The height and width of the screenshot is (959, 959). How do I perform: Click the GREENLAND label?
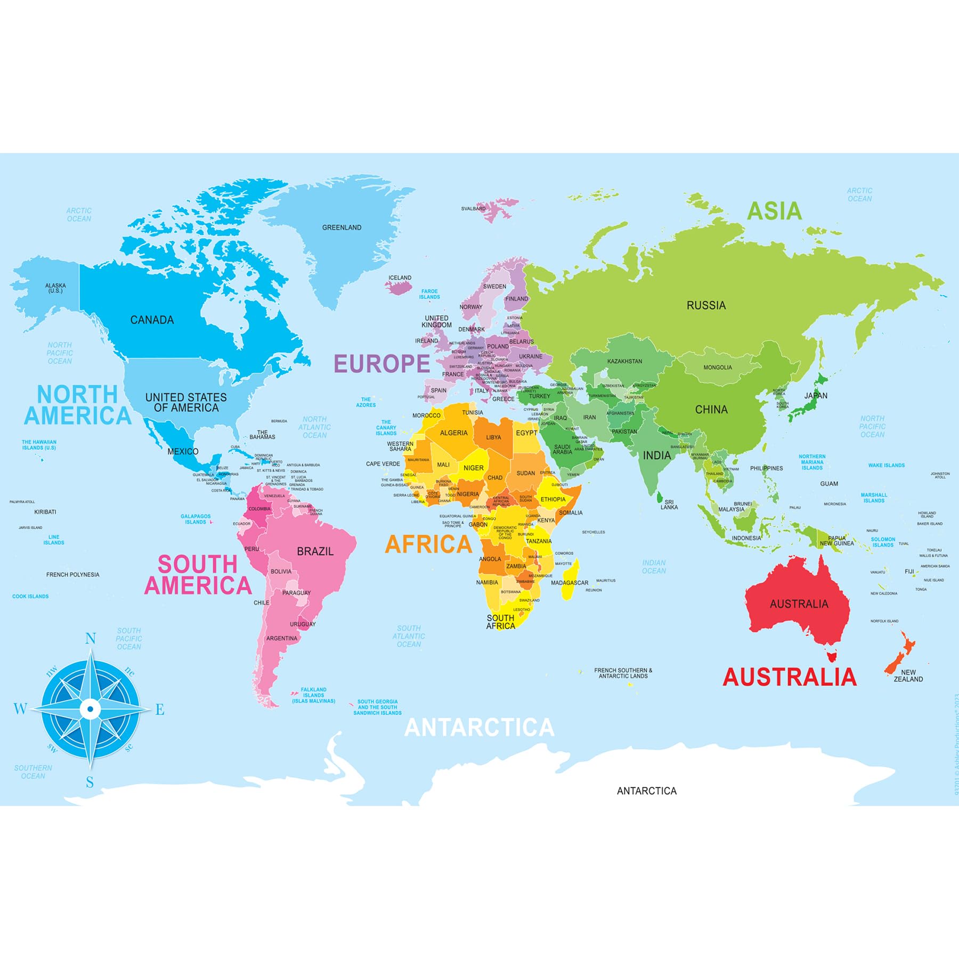click(x=342, y=227)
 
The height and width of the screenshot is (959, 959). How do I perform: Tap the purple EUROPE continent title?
click(x=381, y=364)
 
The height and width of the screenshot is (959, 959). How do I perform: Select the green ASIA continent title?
click(x=774, y=211)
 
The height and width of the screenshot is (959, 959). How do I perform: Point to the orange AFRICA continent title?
click(x=428, y=544)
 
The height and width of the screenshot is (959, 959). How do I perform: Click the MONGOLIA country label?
click(x=717, y=368)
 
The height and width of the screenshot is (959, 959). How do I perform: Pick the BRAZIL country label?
click(x=315, y=551)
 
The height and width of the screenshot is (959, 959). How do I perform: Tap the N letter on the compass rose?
click(x=91, y=638)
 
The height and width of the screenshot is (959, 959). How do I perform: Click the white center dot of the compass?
click(x=90, y=709)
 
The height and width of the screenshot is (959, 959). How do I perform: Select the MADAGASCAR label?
click(x=569, y=583)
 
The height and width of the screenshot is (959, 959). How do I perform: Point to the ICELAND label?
click(x=400, y=278)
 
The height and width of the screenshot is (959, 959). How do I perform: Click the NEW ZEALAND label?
click(x=908, y=676)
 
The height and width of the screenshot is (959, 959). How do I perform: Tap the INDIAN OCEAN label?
click(x=654, y=566)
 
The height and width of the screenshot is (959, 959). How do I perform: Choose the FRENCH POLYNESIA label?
click(x=72, y=574)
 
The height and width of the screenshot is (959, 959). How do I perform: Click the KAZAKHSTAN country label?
click(x=624, y=361)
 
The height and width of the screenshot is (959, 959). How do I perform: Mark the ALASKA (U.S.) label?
click(x=55, y=288)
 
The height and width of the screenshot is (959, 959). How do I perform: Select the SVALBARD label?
click(x=473, y=209)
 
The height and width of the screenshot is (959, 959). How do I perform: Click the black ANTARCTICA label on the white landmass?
click(x=646, y=791)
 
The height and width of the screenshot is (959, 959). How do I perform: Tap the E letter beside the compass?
click(x=160, y=710)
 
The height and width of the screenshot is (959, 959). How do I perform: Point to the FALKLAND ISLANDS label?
click(x=313, y=695)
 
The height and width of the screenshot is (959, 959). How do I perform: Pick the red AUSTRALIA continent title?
click(x=789, y=677)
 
